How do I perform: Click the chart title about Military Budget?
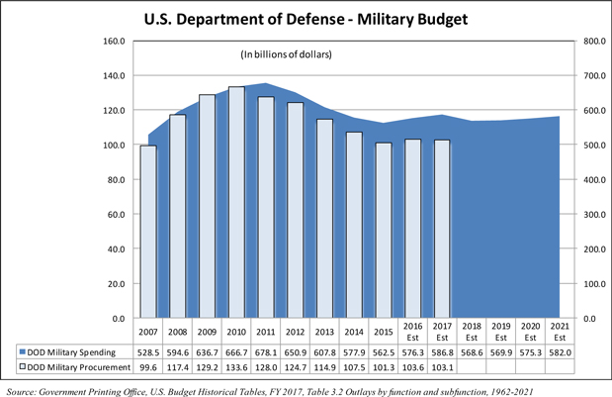click(306, 19)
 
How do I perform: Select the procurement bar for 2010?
click(236, 203)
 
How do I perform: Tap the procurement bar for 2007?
click(148, 232)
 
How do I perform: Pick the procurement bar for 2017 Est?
click(442, 229)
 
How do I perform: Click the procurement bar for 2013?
click(324, 219)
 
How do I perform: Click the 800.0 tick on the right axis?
click(568, 42)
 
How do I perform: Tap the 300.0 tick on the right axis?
click(568, 215)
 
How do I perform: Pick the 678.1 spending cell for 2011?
click(266, 351)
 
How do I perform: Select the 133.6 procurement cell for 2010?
click(236, 368)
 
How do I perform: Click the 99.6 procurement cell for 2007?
click(148, 368)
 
